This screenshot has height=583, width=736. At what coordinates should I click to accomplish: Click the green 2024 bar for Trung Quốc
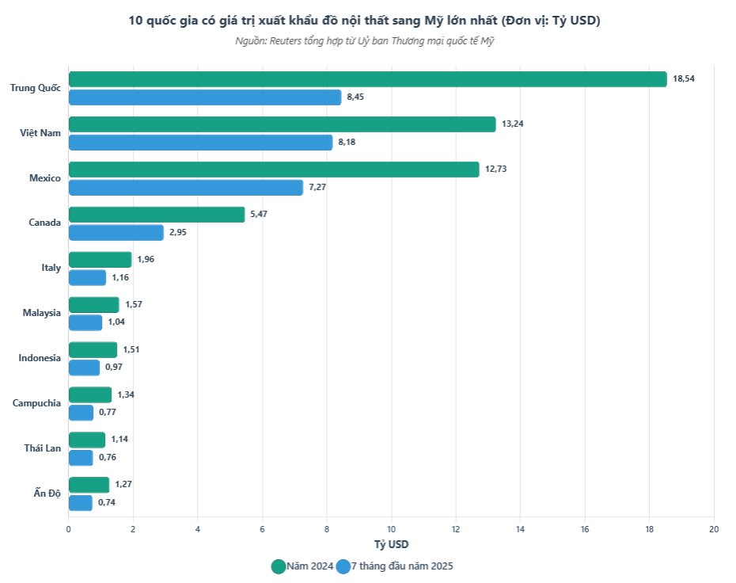point(367,79)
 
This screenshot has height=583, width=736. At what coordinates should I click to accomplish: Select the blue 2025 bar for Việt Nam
point(200,143)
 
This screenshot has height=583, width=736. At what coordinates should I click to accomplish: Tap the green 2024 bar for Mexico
point(274,170)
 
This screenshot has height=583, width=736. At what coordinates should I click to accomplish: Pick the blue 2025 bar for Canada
point(116,233)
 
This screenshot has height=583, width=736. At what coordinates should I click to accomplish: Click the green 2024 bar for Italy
point(100,260)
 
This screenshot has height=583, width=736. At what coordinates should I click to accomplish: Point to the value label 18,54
point(684,79)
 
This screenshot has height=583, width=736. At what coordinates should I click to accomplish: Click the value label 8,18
point(349,143)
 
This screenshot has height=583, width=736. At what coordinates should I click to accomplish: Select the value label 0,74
point(107,503)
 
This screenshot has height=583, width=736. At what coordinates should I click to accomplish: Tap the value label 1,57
point(133,305)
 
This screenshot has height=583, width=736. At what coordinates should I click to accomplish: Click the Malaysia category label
point(42,313)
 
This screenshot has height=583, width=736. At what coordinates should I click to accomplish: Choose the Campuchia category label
point(36,403)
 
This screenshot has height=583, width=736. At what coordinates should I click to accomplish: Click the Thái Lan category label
point(42,448)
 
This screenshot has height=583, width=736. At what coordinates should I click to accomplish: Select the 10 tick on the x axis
point(391,529)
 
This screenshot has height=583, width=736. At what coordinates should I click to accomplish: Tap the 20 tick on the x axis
point(714,529)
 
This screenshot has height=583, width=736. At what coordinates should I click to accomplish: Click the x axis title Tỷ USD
point(391,544)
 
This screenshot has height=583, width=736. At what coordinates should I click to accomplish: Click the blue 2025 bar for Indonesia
point(84,368)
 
